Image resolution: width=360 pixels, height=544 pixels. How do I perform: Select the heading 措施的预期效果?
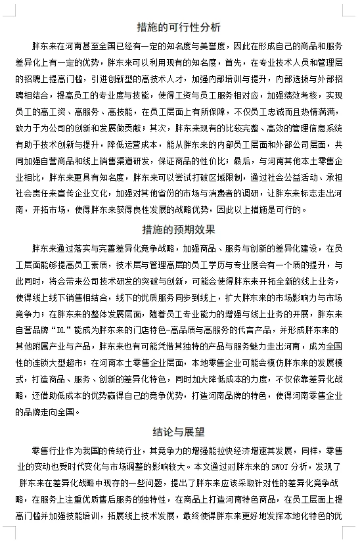pyautogui.click(x=179, y=230)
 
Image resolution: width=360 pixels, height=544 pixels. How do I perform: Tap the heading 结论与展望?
pyautogui.click(x=179, y=432)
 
